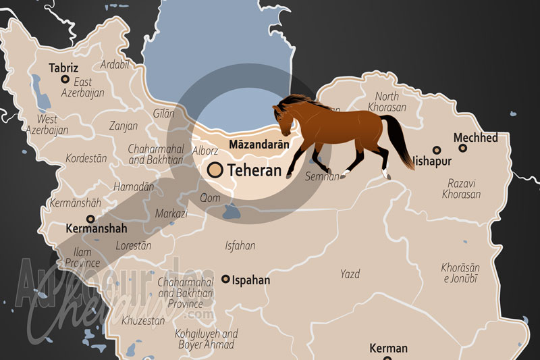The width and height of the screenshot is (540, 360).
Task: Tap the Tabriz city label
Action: pyautogui.click(x=64, y=68)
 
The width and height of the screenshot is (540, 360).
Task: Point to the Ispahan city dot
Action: pyautogui.click(x=225, y=279)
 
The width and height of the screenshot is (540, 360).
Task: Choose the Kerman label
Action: pyautogui.click(x=388, y=349)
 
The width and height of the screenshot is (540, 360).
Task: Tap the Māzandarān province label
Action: pyautogui.click(x=259, y=144)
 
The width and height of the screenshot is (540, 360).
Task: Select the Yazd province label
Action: pyautogui.click(x=350, y=274)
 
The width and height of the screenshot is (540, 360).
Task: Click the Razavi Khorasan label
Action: pyautogui.click(x=462, y=188)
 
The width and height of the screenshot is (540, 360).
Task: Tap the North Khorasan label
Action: pyautogui.click(x=387, y=101)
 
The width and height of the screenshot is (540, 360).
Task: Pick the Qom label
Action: pyautogui.click(x=209, y=198)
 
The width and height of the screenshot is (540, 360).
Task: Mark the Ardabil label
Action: pyautogui.click(x=113, y=65)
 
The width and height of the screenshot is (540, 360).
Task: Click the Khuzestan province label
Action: pyautogui.click(x=142, y=321)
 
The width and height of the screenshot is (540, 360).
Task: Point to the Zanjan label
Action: pyautogui.click(x=124, y=126)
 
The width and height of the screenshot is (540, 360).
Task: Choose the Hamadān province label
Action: pyautogui.click(x=134, y=186)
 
